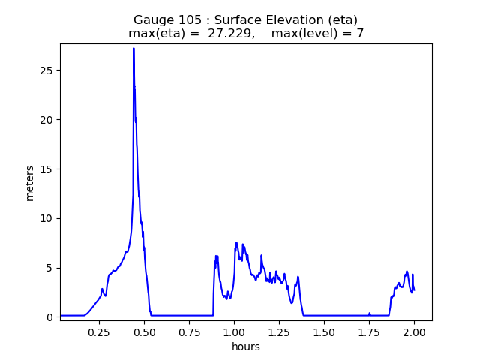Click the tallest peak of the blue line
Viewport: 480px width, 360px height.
click(x=133, y=49)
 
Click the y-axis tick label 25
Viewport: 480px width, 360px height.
click(x=46, y=70)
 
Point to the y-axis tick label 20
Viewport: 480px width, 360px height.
click(x=46, y=120)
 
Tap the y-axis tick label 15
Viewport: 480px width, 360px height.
click(x=46, y=169)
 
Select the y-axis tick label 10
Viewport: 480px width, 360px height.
click(x=46, y=218)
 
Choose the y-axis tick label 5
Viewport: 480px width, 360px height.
click(x=49, y=268)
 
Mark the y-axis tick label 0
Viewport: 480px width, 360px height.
click(x=49, y=317)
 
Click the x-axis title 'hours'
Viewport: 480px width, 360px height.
click(x=246, y=346)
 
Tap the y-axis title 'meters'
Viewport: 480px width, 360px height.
click(x=30, y=183)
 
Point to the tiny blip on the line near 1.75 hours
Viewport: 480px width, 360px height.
click(x=369, y=313)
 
